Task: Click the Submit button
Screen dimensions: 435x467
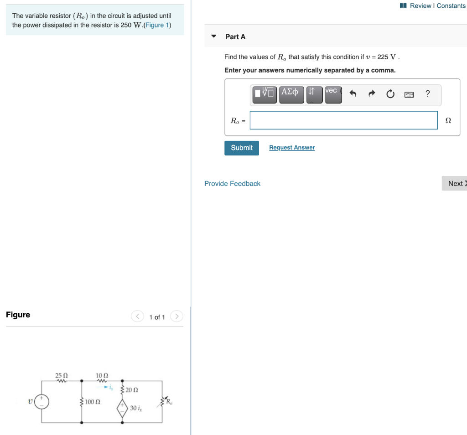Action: (x=241, y=148)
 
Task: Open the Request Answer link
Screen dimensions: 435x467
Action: (x=292, y=148)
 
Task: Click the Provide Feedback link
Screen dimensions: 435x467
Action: (x=232, y=184)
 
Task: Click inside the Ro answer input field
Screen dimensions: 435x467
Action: (x=343, y=120)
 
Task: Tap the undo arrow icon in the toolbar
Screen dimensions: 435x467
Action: (x=353, y=94)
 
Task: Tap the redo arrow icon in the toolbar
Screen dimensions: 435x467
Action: (x=371, y=94)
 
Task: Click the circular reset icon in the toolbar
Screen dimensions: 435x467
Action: (x=390, y=94)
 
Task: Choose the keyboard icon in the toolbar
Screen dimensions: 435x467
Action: (x=409, y=94)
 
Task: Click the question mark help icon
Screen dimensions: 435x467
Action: (x=427, y=94)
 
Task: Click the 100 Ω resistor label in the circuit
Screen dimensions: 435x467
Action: (x=93, y=402)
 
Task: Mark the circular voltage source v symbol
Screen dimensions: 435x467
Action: (x=42, y=402)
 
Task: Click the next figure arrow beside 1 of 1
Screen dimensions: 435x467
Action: (x=177, y=316)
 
